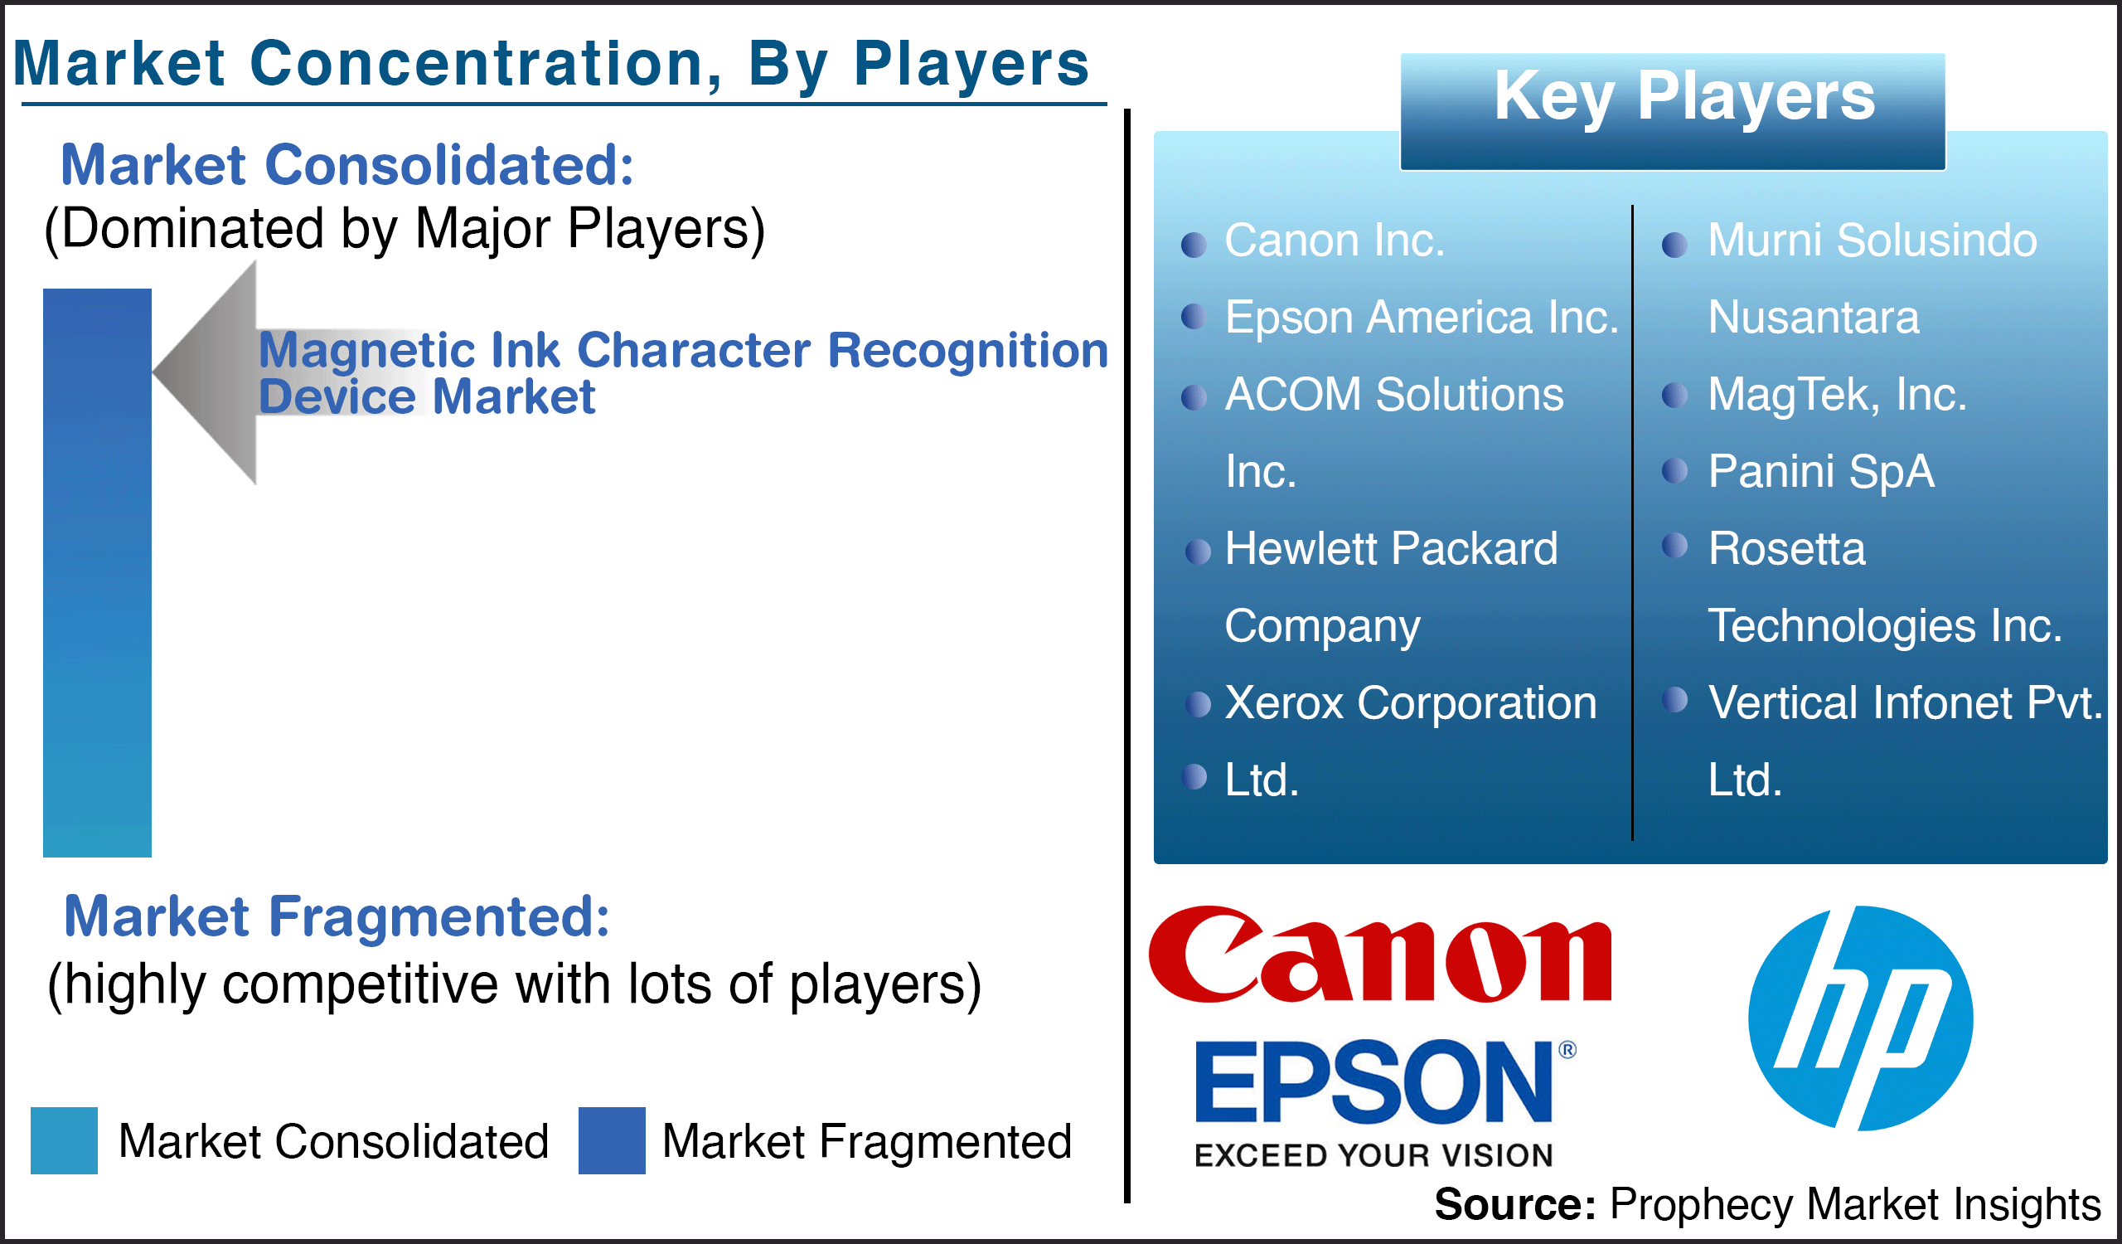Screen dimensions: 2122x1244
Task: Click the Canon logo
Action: pyautogui.click(x=1380, y=955)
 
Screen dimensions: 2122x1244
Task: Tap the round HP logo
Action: pyautogui.click(x=1860, y=1018)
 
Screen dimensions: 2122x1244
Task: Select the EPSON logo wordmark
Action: pyautogui.click(x=1373, y=1082)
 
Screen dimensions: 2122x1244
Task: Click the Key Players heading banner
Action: pyautogui.click(x=1674, y=112)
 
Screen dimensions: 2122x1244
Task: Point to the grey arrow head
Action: pyautogui.click(x=205, y=372)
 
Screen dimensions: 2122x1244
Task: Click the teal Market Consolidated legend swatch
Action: pyautogui.click(x=64, y=1140)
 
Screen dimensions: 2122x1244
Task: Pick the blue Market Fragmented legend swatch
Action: pyautogui.click(x=613, y=1140)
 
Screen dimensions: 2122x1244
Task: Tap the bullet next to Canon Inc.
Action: pyautogui.click(x=1194, y=245)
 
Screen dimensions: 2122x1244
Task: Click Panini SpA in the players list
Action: pyautogui.click(x=1821, y=471)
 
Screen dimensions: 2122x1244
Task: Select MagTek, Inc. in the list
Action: pyautogui.click(x=1838, y=394)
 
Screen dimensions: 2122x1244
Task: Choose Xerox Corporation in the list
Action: pyautogui.click(x=1412, y=702)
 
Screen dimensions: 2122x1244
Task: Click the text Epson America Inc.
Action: pyautogui.click(x=1422, y=318)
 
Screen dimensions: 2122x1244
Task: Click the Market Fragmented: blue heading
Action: pyautogui.click(x=337, y=916)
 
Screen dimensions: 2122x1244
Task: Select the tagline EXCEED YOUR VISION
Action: pyautogui.click(x=1373, y=1154)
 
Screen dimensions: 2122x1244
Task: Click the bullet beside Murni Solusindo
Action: pyautogui.click(x=1675, y=245)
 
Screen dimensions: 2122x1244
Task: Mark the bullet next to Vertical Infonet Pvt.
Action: pyautogui.click(x=1675, y=699)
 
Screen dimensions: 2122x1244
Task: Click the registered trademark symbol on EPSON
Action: pyautogui.click(x=1567, y=1049)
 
